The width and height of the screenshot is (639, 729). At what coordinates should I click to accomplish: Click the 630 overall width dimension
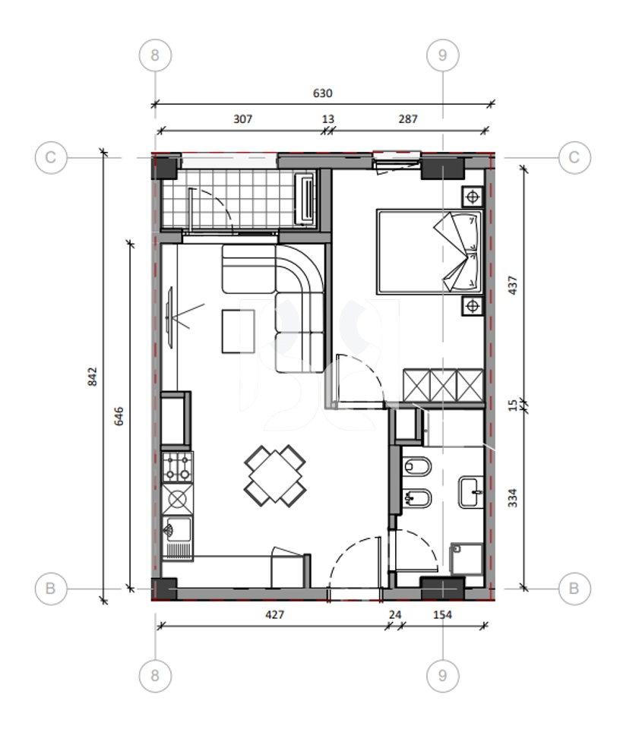coord(323,93)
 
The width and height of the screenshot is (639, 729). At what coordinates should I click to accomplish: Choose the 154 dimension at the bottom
coord(441,614)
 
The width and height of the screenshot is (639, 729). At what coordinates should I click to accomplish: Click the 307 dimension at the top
coord(242,119)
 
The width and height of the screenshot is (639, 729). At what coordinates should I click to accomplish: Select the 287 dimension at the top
coord(407,119)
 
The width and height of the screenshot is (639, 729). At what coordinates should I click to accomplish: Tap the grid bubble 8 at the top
coord(156,55)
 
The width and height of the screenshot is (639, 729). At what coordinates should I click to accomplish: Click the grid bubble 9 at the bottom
coord(442,675)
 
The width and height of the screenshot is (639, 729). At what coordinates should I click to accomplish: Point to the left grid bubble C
coord(51,157)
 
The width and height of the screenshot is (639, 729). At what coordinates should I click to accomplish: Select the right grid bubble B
coord(574,588)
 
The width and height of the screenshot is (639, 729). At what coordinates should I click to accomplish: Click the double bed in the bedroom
coord(430,252)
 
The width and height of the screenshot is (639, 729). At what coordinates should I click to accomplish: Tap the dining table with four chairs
coord(275,476)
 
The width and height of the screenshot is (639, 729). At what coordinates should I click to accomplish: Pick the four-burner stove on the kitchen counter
coord(177,465)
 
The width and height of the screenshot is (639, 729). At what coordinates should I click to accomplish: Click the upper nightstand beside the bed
coord(473,197)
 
